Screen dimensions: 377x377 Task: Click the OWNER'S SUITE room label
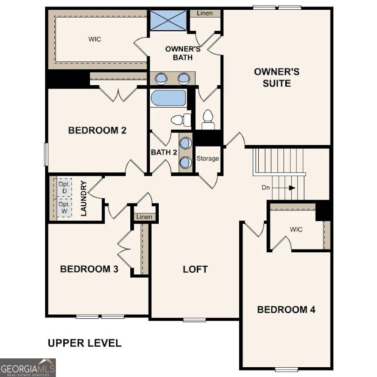276,77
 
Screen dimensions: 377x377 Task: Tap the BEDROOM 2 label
97,130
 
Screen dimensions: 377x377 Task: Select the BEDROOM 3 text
89,269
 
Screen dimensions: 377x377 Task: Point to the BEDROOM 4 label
286,310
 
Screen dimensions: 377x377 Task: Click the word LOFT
195,269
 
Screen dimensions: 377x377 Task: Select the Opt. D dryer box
64,188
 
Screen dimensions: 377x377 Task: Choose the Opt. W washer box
64,208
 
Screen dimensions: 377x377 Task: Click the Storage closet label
208,159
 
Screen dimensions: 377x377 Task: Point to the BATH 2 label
164,152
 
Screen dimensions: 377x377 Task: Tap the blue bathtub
167,98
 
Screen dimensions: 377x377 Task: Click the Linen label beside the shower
204,13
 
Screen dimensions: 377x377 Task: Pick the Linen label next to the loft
144,217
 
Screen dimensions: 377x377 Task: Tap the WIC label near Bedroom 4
296,229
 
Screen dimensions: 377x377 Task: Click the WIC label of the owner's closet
94,40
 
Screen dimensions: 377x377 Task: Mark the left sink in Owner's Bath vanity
162,78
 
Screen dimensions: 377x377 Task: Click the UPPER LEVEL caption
85,343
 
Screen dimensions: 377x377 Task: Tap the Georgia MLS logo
28,367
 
